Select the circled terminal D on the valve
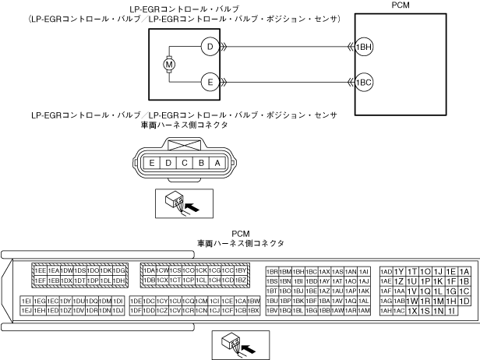[x=209, y=47]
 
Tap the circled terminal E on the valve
[x=209, y=80]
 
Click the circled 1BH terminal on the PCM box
[x=363, y=47]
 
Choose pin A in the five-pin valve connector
[x=217, y=163]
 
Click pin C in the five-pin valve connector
[x=184, y=163]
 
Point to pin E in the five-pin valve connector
[x=150, y=163]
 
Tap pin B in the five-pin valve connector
[x=201, y=163]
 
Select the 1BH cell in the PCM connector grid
[x=298, y=271]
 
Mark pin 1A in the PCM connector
[x=465, y=271]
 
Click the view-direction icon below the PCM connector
[x=240, y=343]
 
